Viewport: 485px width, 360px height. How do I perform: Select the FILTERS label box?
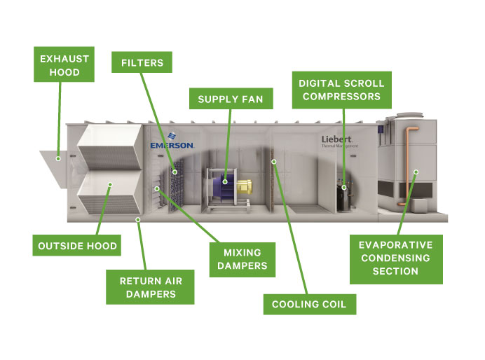pyautogui.click(x=142, y=63)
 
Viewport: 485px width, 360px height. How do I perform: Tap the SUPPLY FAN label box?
pyautogui.click(x=230, y=99)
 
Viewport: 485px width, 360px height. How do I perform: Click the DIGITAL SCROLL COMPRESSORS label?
pyautogui.click(x=340, y=90)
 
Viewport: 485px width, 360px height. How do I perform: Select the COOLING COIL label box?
pyautogui.click(x=309, y=305)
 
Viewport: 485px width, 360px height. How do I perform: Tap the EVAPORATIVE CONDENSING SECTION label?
pyautogui.click(x=396, y=258)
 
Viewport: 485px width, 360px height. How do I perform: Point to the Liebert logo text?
pyautogui.click(x=336, y=139)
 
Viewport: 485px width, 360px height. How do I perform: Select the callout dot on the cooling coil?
pyautogui.click(x=275, y=162)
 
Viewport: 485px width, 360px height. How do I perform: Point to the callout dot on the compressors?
pyautogui.click(x=343, y=187)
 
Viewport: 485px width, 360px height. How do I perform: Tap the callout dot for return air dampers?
pyautogui.click(x=138, y=219)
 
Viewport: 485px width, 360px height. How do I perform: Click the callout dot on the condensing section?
pyautogui.click(x=416, y=171)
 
